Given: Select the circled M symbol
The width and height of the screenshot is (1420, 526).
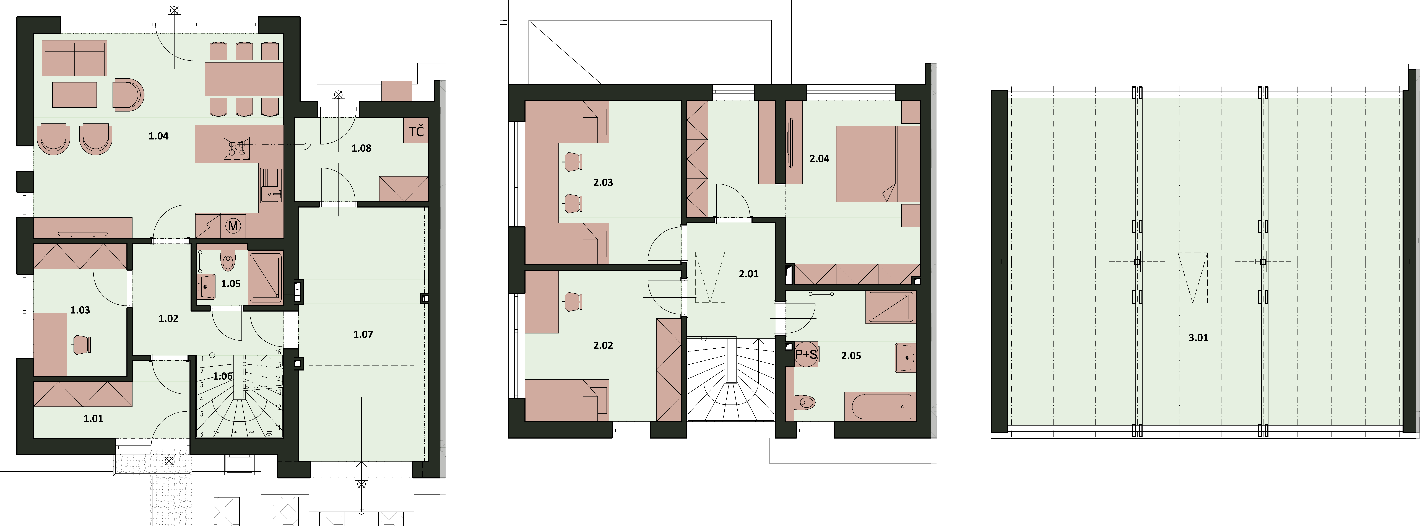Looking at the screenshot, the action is coord(234,226).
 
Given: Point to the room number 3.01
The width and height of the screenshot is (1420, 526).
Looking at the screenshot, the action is coord(1198,337).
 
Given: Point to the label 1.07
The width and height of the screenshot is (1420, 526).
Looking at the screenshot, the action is coord(363,334).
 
